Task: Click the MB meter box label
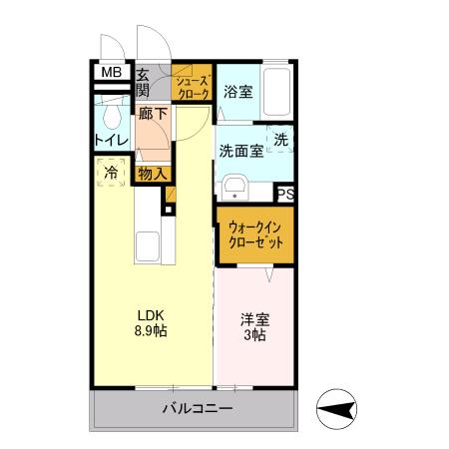click(110, 73)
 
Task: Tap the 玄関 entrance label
click(143, 81)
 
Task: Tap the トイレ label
click(110, 140)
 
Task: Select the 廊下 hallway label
click(154, 114)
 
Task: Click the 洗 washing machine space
click(281, 141)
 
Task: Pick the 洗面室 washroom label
click(240, 152)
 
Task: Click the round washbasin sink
click(236, 189)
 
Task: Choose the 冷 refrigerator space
click(111, 173)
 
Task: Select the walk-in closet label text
click(255, 233)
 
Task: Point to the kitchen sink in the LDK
click(147, 247)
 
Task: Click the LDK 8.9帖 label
click(151, 321)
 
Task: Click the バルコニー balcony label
click(197, 410)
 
